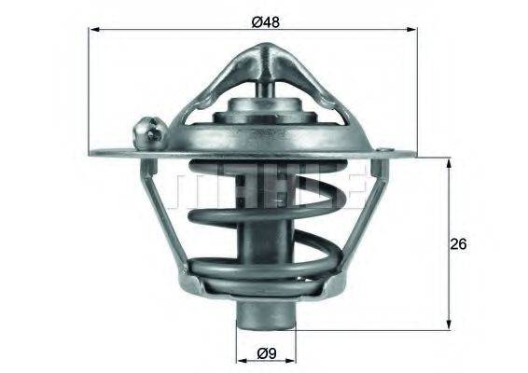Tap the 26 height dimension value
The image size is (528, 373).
click(457, 243)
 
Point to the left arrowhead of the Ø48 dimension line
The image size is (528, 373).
click(94, 31)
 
